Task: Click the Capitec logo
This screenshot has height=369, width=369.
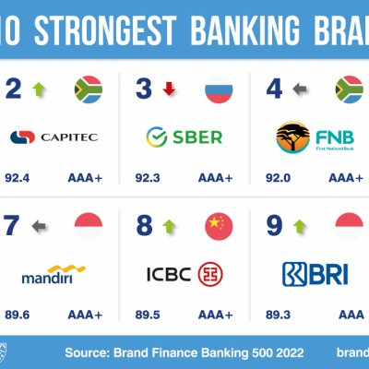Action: [53, 137]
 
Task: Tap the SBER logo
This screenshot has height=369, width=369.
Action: [184, 137]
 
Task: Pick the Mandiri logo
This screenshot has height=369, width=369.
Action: [52, 274]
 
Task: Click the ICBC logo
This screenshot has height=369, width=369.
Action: [184, 274]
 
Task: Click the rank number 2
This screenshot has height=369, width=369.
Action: [14, 90]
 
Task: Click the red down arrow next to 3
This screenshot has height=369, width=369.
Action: [169, 90]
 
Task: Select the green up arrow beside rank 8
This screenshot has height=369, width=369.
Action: [169, 226]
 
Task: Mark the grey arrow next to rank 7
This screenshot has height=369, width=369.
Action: [39, 226]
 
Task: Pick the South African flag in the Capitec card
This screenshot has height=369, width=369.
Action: [88, 90]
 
